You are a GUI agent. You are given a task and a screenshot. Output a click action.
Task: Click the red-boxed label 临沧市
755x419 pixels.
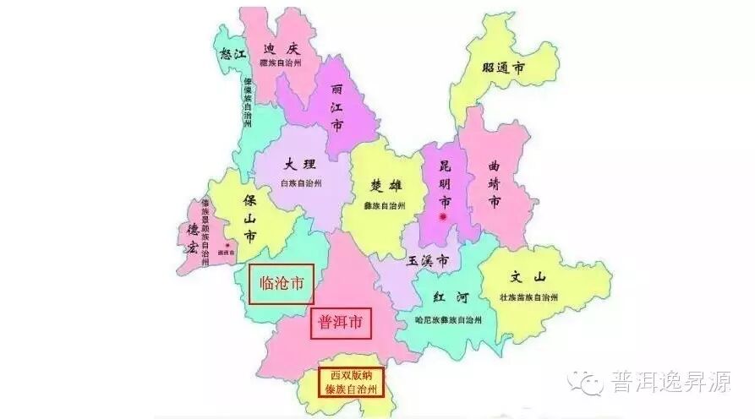282,284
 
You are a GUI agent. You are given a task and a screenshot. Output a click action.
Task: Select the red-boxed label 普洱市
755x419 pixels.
341,322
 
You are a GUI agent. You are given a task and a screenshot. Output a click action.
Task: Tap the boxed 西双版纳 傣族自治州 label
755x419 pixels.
351,383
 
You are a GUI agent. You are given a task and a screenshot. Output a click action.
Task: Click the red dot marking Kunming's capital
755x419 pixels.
443,217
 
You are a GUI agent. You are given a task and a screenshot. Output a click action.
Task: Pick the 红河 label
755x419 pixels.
449,298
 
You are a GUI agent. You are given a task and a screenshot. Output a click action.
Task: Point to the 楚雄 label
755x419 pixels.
386,186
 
